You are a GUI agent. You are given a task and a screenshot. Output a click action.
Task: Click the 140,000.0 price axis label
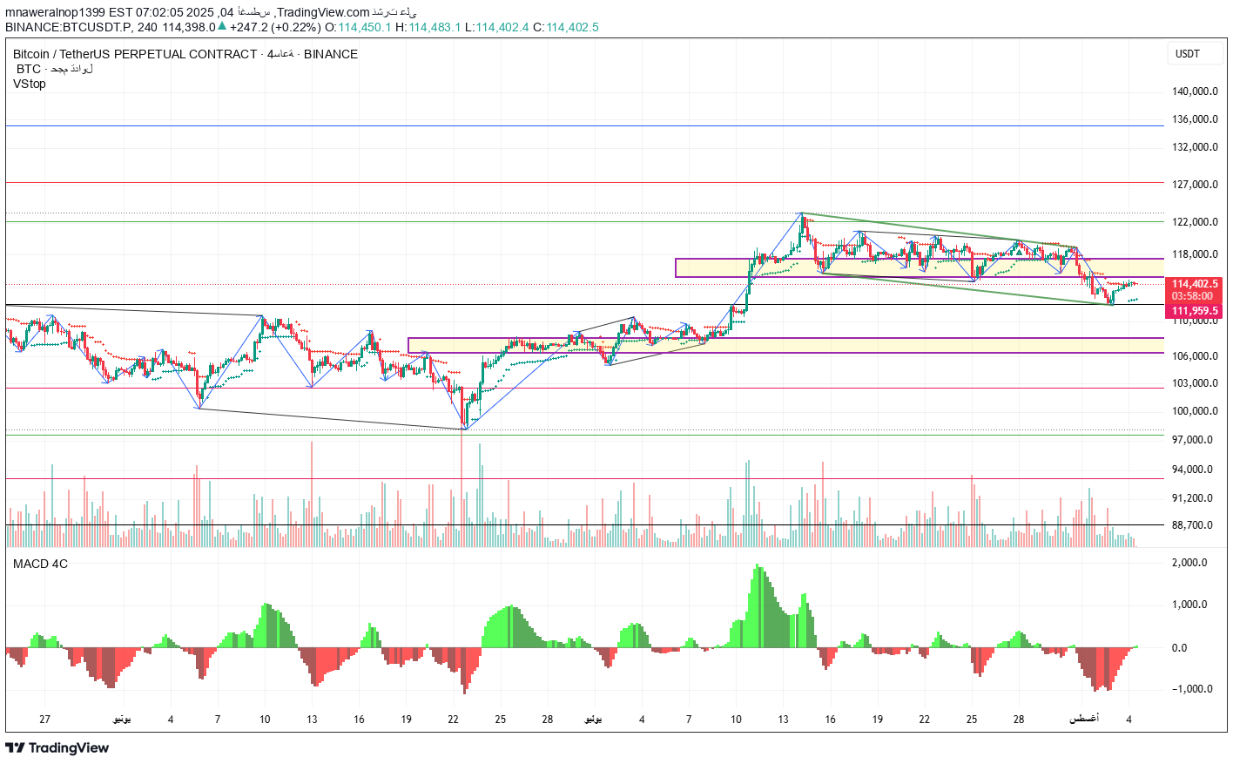click(1194, 91)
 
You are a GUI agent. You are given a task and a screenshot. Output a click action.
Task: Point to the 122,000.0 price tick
click(1194, 222)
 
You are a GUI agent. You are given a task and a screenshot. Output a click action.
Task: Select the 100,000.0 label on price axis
click(1194, 411)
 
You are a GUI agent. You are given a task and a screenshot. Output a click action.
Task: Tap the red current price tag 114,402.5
click(1195, 284)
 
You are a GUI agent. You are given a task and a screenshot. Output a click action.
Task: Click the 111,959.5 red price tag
click(1195, 311)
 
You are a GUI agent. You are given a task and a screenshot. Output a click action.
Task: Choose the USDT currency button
click(1188, 54)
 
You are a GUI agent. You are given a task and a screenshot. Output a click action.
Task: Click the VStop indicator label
click(30, 84)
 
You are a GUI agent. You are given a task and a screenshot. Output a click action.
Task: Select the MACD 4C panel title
click(40, 564)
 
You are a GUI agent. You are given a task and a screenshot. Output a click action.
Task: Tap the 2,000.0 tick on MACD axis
click(1189, 563)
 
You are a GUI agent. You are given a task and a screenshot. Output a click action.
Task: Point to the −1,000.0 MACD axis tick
click(1189, 689)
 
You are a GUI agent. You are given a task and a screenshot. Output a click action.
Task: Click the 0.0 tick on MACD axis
click(1179, 648)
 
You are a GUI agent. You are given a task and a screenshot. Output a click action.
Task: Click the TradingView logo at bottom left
click(57, 747)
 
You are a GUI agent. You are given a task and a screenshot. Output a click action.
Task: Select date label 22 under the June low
click(454, 720)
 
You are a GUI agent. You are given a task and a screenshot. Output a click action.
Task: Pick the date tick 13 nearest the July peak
click(783, 720)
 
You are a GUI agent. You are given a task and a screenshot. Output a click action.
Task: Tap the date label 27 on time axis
click(45, 720)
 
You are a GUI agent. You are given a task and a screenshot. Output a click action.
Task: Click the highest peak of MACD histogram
click(758, 566)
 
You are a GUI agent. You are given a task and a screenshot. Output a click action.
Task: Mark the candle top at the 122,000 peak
click(802, 214)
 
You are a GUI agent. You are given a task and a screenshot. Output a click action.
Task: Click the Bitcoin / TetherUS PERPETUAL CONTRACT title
click(135, 54)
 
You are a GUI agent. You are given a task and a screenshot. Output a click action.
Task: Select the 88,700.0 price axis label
click(1192, 525)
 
